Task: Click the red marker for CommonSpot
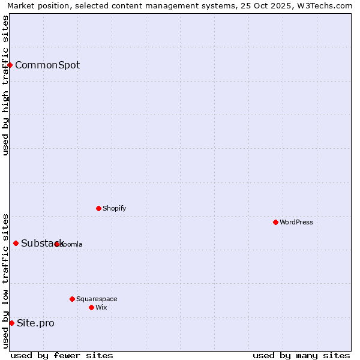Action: click(10, 65)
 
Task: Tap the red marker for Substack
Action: click(16, 243)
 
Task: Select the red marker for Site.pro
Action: click(11, 323)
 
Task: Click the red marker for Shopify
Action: click(98, 208)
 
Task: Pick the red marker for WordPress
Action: click(275, 222)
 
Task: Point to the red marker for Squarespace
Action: click(72, 299)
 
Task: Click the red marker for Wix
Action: click(91, 307)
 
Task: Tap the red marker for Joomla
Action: click(57, 244)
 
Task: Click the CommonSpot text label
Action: click(47, 65)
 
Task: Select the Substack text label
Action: click(42, 243)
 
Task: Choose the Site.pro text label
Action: click(35, 323)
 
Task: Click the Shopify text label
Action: click(114, 208)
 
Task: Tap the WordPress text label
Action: click(296, 222)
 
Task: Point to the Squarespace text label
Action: click(97, 299)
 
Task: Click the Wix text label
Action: click(101, 307)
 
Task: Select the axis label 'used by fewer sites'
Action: click(62, 355)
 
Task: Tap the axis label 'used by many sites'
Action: click(301, 355)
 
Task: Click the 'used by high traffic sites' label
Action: click(5, 85)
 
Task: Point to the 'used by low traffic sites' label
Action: click(5, 281)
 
